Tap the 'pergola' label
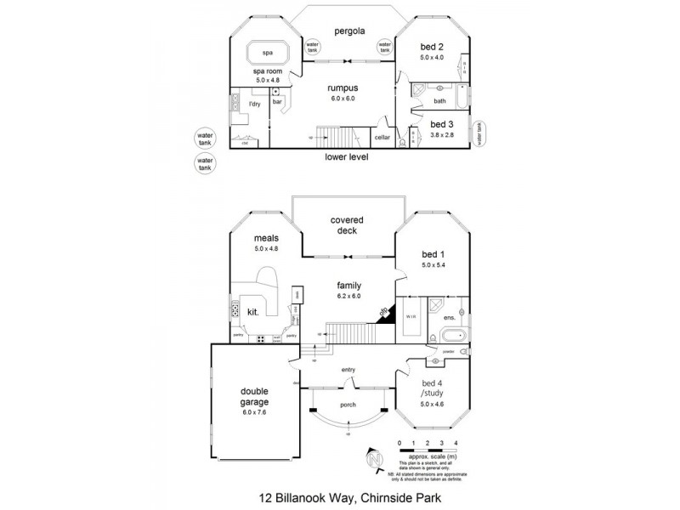point(348,31)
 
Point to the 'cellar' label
point(382,137)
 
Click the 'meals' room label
point(267,239)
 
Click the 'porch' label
point(348,405)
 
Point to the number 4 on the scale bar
point(456,444)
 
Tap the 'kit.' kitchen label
point(252,312)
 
